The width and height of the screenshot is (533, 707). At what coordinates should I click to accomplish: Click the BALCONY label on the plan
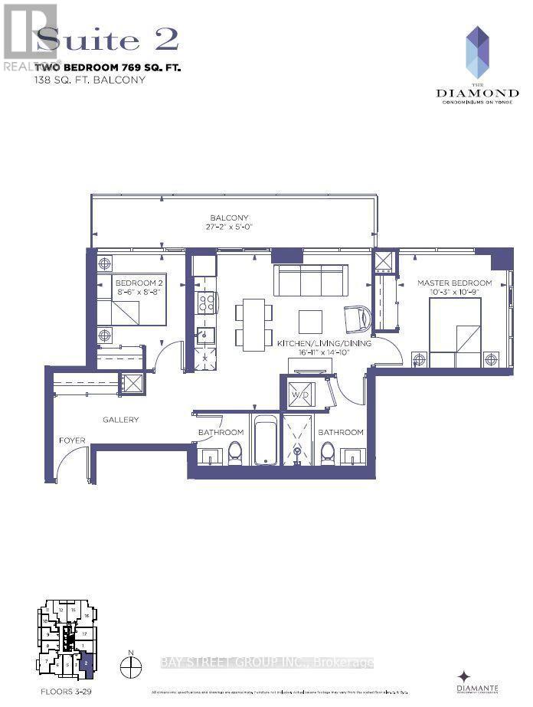tap(231, 218)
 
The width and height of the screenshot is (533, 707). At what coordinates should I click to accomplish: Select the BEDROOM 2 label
tap(139, 283)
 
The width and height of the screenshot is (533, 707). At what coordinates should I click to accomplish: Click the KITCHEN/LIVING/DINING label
tap(325, 343)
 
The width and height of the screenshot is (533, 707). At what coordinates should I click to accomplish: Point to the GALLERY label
tap(121, 420)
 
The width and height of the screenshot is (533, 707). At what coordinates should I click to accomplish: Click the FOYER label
tap(73, 440)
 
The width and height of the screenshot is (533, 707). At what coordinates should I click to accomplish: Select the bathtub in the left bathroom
tap(267, 440)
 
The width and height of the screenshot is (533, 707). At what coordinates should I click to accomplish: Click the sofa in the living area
tap(310, 280)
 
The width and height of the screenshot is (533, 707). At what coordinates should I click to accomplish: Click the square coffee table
tap(311, 320)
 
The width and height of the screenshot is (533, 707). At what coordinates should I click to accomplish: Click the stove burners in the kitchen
tap(205, 303)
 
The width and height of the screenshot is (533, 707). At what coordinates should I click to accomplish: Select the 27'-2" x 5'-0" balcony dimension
tap(231, 228)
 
